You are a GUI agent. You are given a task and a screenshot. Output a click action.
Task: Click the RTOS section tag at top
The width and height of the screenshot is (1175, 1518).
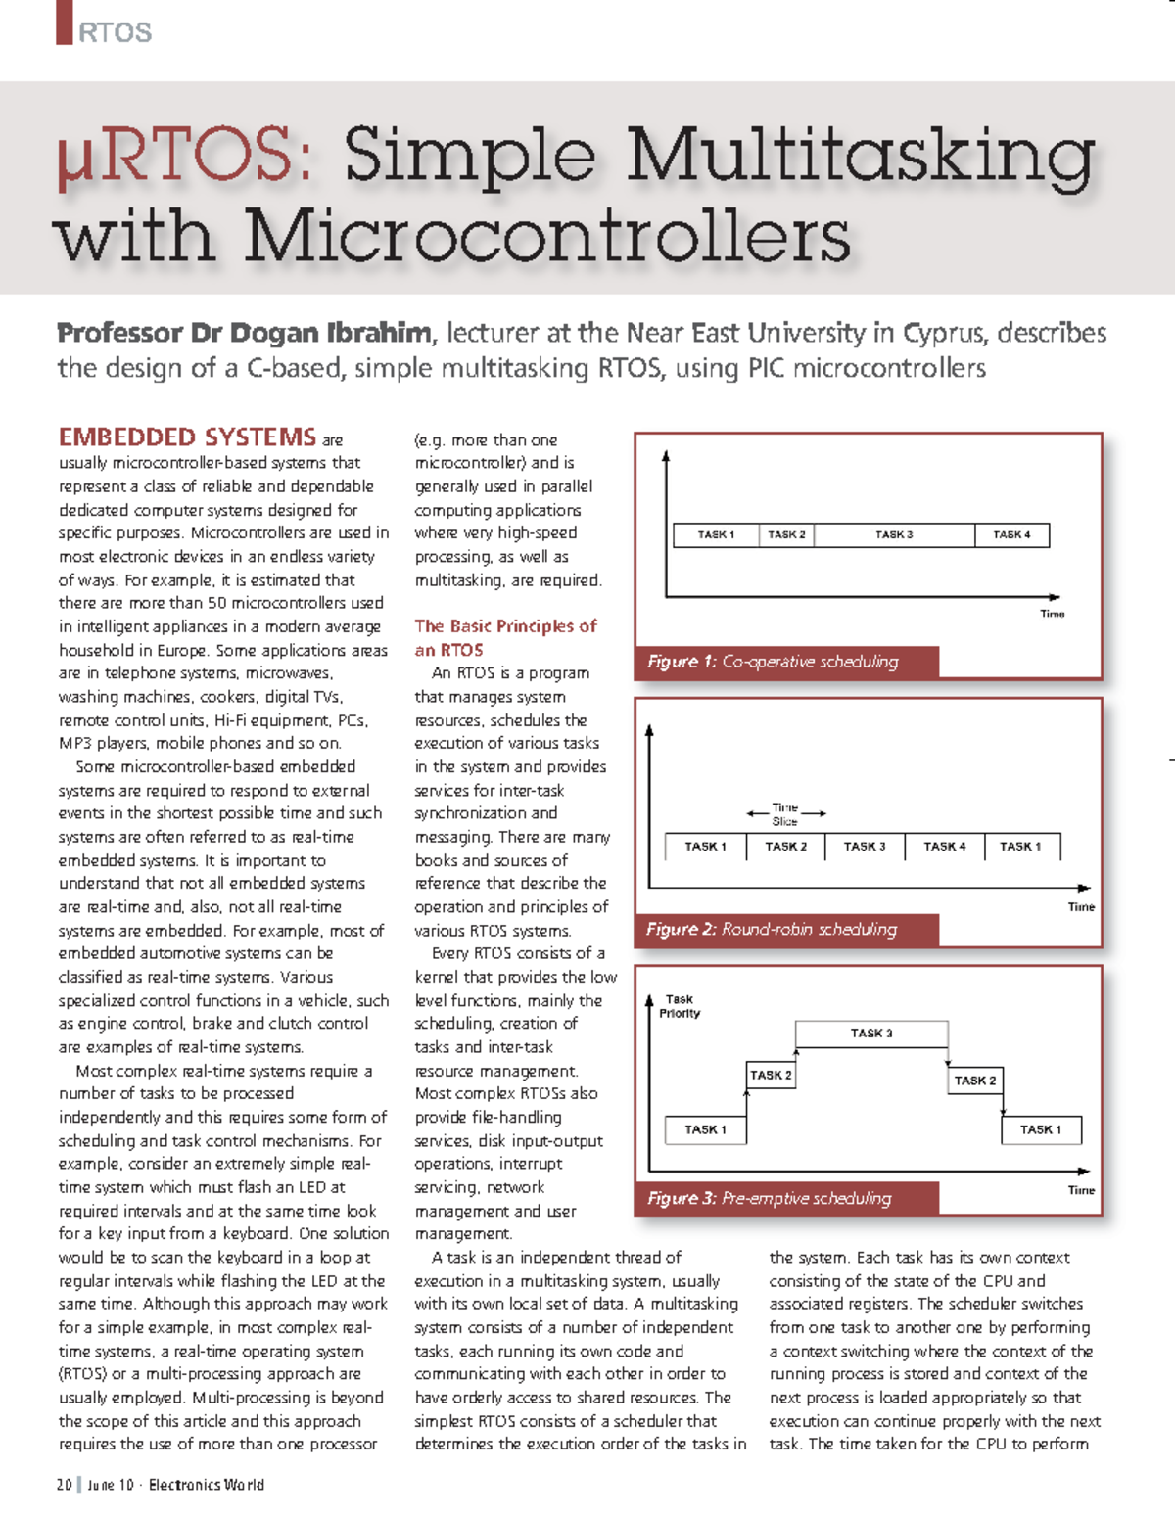coord(115,32)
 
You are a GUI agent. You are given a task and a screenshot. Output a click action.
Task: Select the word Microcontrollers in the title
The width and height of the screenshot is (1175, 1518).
coord(547,237)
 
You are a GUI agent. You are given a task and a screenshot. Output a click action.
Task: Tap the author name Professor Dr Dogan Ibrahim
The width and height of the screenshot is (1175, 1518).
coord(244,333)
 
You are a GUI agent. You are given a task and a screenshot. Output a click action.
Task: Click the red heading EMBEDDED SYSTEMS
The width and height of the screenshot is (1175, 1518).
coord(187,437)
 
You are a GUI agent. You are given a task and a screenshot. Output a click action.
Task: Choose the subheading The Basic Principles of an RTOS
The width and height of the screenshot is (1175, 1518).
coord(505,637)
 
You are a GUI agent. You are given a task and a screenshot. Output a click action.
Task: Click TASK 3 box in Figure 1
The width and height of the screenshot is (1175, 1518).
coord(894,534)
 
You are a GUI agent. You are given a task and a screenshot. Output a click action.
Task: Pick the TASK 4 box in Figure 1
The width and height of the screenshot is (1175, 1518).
coord(1011,534)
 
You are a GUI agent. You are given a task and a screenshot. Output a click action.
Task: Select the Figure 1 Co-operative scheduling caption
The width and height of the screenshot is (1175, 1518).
coord(773,662)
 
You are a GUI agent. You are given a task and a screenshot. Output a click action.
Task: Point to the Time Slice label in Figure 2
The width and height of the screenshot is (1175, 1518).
coord(785,814)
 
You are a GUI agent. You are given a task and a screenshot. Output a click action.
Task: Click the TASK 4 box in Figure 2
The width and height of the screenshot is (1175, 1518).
coord(944,847)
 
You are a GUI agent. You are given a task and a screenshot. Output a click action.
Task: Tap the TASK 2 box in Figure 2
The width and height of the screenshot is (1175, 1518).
coord(785,847)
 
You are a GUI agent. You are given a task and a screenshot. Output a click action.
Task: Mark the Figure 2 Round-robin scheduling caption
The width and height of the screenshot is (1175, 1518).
coord(772,929)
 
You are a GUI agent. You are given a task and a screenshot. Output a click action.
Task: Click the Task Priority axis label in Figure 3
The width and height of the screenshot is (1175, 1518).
coord(680,1006)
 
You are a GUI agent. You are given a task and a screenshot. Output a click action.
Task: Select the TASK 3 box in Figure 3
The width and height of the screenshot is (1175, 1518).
coord(871,1034)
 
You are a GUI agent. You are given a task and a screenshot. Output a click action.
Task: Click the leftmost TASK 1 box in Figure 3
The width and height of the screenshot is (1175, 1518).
coord(705,1129)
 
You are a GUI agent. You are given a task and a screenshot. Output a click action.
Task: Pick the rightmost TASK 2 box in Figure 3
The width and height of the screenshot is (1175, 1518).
coord(975,1081)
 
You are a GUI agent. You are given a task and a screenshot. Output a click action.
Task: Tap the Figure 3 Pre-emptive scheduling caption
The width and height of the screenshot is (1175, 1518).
coord(770,1198)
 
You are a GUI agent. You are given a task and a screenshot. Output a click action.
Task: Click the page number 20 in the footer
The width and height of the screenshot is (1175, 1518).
coord(65,1485)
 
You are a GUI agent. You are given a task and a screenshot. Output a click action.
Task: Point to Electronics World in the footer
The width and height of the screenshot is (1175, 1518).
coord(207,1485)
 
